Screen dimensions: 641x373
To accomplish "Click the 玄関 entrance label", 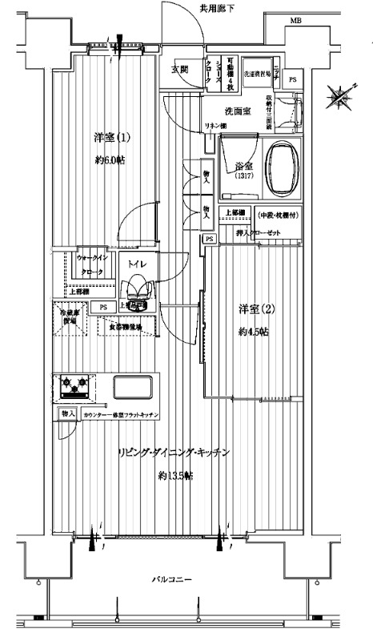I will [179, 71].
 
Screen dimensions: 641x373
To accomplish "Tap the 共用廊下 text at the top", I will [217, 8].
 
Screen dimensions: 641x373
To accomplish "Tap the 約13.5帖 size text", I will [175, 476].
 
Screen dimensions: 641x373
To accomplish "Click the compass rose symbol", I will [337, 99].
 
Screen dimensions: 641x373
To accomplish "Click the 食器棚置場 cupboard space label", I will [120, 327].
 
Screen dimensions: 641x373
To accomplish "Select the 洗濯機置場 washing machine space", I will [256, 71].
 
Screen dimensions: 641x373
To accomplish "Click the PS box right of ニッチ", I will [293, 80].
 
